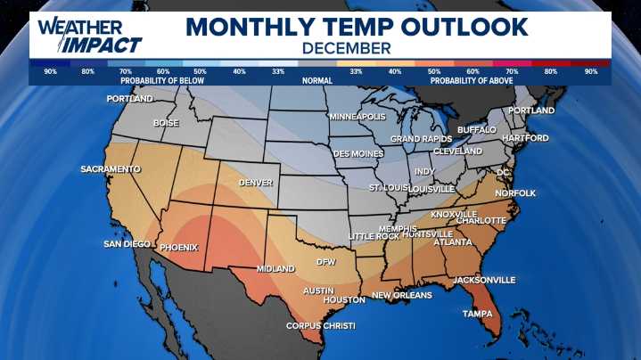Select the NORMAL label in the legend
pos(317,80)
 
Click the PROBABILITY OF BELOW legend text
pos(161,80)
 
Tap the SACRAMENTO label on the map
pos(111,168)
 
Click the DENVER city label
pos(255,183)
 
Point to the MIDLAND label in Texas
pos(275,268)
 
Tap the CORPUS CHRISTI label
pos(320,326)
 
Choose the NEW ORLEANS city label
pos(401,295)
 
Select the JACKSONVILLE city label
pos(484,280)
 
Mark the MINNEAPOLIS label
pos(357,117)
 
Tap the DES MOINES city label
pos(358,153)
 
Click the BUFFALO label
pos(476,129)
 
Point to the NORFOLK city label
pos(515,192)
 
